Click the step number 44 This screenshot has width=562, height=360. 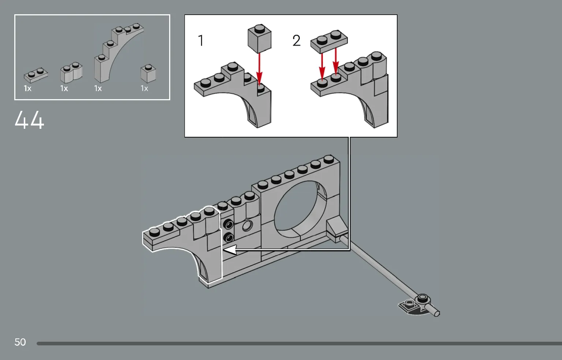(x=29, y=120)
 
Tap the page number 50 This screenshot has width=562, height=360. (x=20, y=342)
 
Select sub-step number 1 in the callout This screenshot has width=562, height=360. (x=201, y=41)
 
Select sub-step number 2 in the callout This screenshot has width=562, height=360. (x=296, y=41)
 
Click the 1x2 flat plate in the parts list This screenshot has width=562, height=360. (x=36, y=75)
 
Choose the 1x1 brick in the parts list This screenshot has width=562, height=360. (x=148, y=73)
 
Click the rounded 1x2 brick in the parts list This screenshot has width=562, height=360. (x=71, y=72)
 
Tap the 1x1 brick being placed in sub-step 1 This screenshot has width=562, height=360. (x=260, y=39)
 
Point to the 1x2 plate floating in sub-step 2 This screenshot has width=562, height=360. (x=329, y=40)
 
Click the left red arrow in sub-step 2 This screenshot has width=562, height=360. (x=322, y=66)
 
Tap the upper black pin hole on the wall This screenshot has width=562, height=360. (x=229, y=224)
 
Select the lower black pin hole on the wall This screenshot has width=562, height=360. (x=229, y=238)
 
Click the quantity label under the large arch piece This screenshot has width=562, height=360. (x=98, y=89)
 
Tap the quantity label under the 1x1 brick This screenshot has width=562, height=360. (x=145, y=89)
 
